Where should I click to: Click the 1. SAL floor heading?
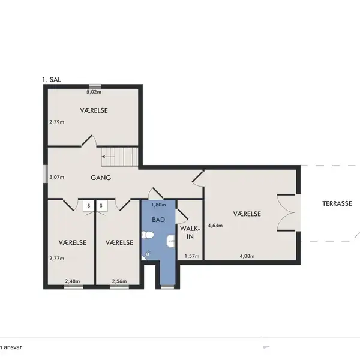click(52, 80)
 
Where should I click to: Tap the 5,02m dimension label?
click(94, 92)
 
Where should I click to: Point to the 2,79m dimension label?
click(57, 122)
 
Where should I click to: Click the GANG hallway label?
click(101, 178)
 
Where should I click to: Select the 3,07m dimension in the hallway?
click(57, 177)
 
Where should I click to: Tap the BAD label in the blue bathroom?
click(158, 220)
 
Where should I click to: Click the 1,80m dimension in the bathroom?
click(158, 205)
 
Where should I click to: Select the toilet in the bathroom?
click(148, 235)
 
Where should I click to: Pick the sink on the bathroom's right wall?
click(171, 241)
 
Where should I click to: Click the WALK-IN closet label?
click(190, 232)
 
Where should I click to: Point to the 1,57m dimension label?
click(192, 256)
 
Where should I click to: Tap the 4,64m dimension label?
click(215, 226)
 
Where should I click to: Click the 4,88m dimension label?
click(247, 256)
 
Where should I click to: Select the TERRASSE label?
click(337, 203)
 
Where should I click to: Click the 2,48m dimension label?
click(73, 281)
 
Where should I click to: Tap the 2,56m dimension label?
click(119, 281)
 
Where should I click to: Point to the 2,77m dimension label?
click(57, 258)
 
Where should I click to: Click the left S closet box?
click(89, 206)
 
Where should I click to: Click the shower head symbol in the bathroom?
click(148, 254)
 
